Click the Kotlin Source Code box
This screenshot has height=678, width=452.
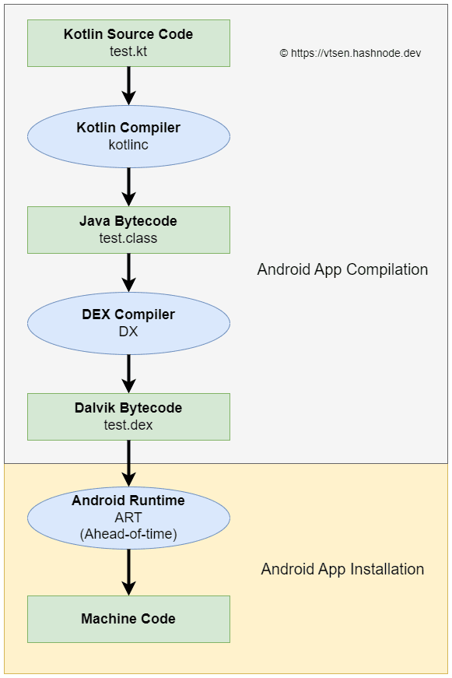pos(129,44)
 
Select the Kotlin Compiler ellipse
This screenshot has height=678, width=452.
pos(129,137)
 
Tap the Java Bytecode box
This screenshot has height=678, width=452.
pos(129,230)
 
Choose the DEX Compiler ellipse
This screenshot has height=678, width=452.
pos(129,324)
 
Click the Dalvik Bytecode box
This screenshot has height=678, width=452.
pos(129,416)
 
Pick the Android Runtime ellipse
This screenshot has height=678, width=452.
pos(129,518)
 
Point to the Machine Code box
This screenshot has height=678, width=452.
pos(129,619)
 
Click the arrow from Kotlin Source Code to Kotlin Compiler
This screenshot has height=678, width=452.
pos(129,86)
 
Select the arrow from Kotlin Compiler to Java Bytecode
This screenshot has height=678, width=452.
pos(129,187)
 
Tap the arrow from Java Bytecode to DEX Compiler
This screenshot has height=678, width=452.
pos(129,273)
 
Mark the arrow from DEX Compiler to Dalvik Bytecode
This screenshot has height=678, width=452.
pos(129,374)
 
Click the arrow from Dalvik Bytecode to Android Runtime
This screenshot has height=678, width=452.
pos(129,463)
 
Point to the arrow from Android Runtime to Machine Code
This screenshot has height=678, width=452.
pos(129,572)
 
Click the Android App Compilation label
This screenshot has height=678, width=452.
pos(342,270)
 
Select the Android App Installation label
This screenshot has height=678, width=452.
pos(342,569)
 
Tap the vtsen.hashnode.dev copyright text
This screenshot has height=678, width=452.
pos(350,53)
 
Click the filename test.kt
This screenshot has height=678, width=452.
pos(128,51)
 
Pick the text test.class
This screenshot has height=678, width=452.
pos(128,238)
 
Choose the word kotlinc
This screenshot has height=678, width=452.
pos(128,145)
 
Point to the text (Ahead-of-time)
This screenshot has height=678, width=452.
pos(129,534)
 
